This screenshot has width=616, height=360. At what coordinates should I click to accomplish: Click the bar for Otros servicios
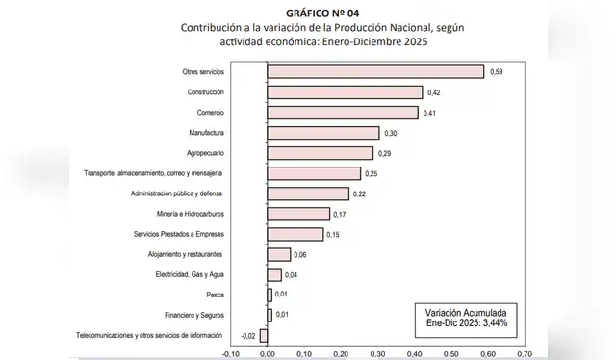(375, 71)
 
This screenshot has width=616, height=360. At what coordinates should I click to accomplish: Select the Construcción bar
(345, 92)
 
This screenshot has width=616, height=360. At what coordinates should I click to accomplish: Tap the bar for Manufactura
(322, 133)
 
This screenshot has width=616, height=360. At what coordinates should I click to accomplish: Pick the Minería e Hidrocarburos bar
(298, 214)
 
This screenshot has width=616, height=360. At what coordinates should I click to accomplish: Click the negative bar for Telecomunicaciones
(264, 335)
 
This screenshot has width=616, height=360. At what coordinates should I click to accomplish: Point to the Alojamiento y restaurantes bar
(278, 254)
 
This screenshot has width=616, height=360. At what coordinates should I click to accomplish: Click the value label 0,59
(498, 72)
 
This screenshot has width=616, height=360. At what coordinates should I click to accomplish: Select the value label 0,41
(431, 113)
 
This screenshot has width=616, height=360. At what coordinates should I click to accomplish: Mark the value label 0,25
(372, 173)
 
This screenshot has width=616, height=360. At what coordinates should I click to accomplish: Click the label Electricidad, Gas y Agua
(190, 274)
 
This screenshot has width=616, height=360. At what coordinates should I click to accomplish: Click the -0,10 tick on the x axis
(229, 353)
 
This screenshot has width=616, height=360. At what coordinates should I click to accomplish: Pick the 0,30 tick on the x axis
(377, 353)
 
